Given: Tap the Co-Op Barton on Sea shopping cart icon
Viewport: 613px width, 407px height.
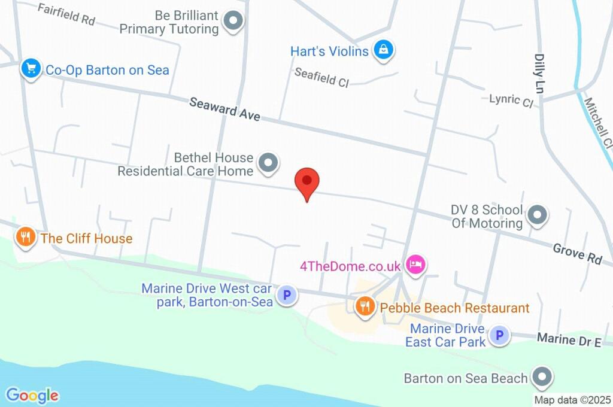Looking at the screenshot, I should coord(31,68).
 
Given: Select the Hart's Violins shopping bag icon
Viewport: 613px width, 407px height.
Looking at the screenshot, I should coord(382,50).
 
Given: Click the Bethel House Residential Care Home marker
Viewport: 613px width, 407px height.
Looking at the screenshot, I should coord(268,163).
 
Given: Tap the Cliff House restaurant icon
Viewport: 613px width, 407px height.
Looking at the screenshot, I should coord(25,237).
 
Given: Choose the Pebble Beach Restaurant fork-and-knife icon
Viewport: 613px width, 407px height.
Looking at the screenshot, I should coord(364,307).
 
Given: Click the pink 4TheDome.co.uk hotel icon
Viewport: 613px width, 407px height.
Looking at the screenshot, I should coord(414,263).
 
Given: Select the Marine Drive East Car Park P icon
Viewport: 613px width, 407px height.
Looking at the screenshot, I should coord(499,336).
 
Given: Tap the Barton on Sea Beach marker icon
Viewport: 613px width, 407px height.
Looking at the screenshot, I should coord(542,377).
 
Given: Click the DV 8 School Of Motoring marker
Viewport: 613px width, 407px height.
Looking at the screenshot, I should coord(537,216).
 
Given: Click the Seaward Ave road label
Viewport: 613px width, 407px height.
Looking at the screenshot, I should coord(224,110).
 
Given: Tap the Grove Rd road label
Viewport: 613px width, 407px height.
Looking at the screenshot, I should coord(577,253).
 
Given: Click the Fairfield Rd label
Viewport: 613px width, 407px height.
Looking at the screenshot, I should coord(66,14).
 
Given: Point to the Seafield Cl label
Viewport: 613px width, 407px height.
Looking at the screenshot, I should coord(321,77).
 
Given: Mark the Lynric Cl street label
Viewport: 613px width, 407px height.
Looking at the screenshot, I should coord(511,100).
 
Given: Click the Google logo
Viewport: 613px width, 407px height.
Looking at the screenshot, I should coord(32,395).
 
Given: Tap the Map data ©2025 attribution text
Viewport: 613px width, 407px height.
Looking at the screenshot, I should coord(572,400).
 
